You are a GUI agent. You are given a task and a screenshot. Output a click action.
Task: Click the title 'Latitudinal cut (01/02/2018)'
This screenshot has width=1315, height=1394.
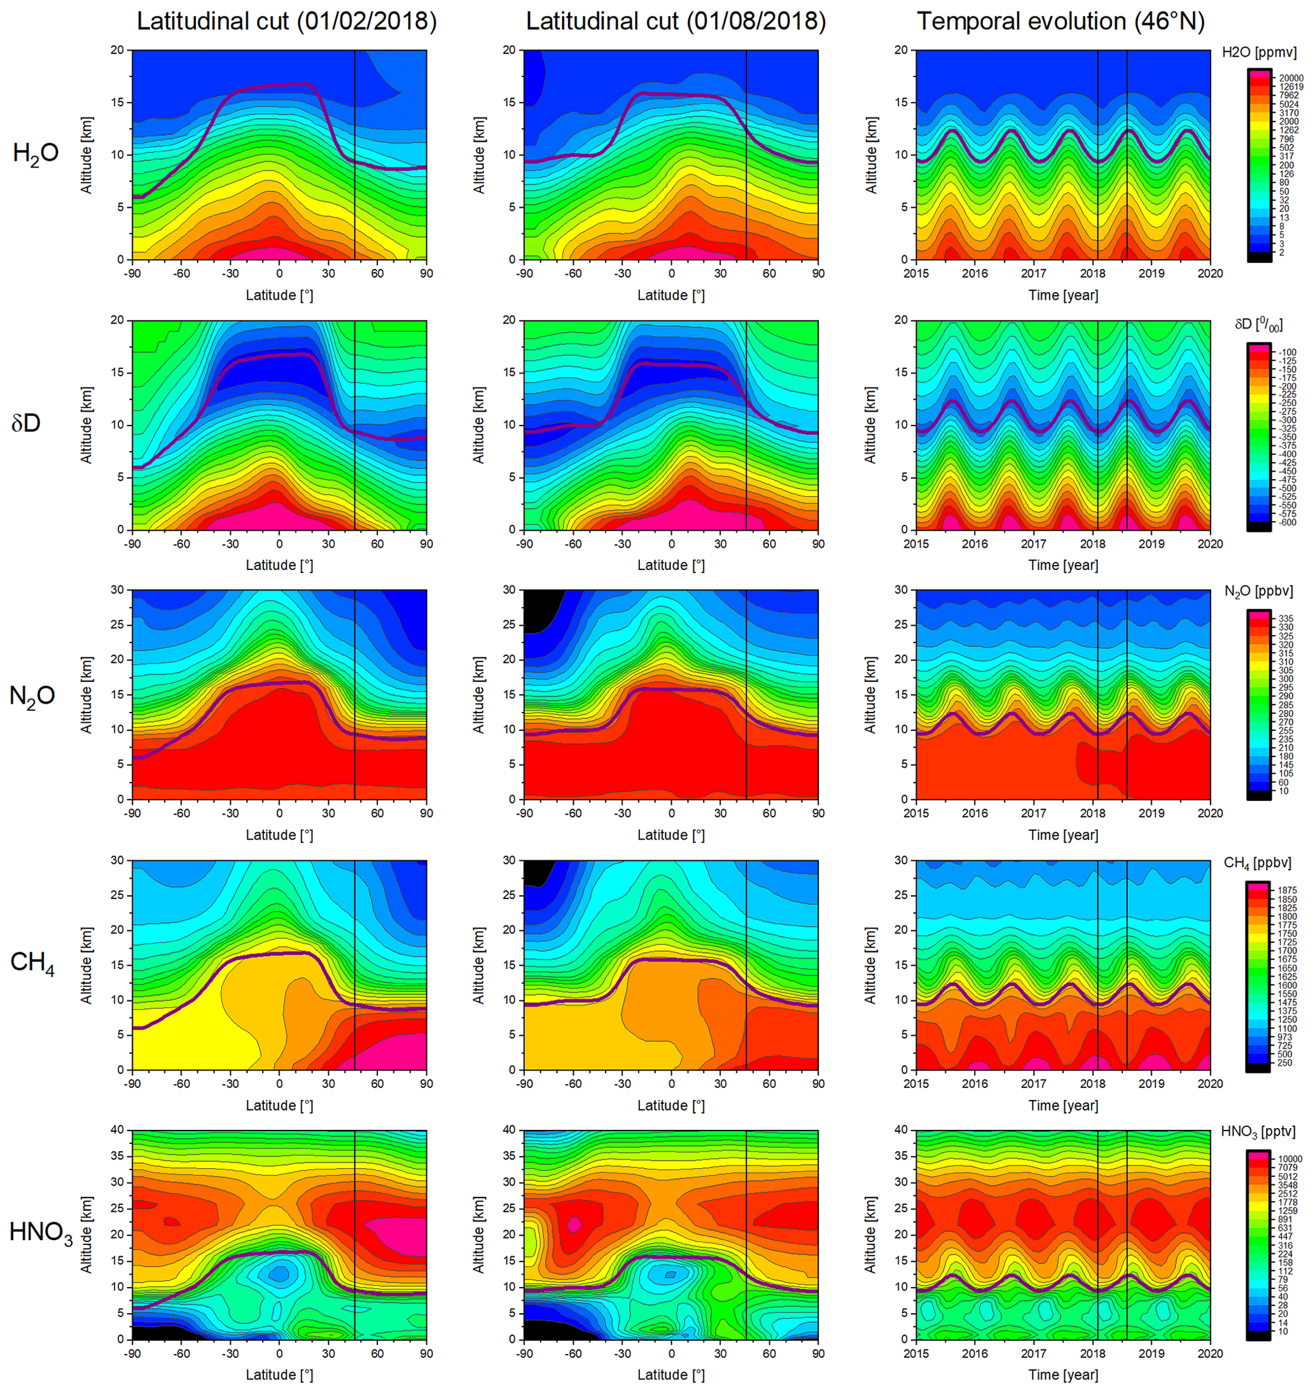[x=286, y=22]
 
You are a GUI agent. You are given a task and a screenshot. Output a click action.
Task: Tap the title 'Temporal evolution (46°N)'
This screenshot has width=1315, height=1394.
[x=1061, y=22]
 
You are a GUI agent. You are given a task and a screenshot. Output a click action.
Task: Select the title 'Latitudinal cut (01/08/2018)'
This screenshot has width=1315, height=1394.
[x=676, y=22]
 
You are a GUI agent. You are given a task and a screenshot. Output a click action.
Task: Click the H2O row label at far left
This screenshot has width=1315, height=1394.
[x=35, y=153]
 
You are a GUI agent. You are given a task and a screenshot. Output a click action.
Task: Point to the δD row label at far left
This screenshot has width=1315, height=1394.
[x=26, y=423]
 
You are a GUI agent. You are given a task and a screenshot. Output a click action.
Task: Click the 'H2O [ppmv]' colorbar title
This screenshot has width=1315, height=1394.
[x=1259, y=53]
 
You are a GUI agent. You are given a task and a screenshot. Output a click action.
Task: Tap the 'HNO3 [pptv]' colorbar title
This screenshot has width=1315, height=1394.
[x=1258, y=1132]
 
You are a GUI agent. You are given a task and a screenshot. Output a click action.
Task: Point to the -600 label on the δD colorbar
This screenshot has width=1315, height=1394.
[x=1286, y=522]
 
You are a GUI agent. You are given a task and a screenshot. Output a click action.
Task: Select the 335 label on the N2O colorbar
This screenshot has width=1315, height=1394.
[x=1286, y=618]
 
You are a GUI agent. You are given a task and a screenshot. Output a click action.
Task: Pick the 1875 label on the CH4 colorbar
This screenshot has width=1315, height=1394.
[x=1287, y=891]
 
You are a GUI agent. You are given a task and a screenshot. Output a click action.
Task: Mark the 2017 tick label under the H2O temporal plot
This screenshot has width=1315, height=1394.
[x=1033, y=274]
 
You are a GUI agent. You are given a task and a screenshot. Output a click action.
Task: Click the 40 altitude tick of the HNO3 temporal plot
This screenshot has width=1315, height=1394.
[x=901, y=1130]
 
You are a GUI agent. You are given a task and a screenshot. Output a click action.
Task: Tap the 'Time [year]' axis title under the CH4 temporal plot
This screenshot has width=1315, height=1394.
[x=1063, y=1105]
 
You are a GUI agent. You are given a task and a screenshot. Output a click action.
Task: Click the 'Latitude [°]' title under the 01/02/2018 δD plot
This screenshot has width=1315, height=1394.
[x=279, y=565]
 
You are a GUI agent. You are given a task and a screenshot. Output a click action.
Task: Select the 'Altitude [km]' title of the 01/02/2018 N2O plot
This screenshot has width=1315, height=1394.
[x=87, y=695]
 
